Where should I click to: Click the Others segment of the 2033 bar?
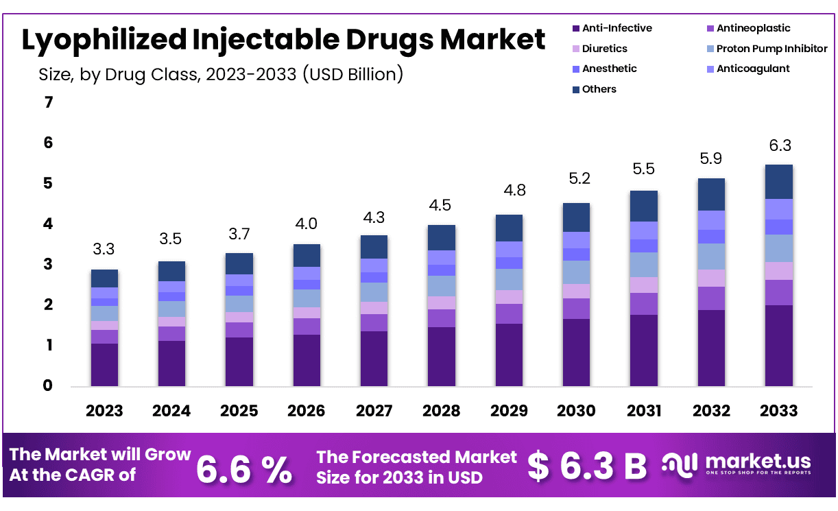pyautogui.click(x=778, y=182)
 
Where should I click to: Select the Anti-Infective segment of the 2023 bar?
pyautogui.click(x=104, y=364)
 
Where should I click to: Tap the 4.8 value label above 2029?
pyautogui.click(x=510, y=190)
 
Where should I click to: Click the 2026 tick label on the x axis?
pyautogui.click(x=306, y=410)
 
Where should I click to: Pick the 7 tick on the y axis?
pyautogui.click(x=48, y=103)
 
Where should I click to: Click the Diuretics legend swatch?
pyautogui.click(x=575, y=49)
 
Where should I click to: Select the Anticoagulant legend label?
pyautogui.click(x=753, y=69)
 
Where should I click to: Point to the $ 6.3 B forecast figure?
pyautogui.click(x=587, y=466)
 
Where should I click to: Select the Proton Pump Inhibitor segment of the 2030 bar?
pyautogui.click(x=577, y=272)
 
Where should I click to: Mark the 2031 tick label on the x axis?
pyautogui.click(x=644, y=410)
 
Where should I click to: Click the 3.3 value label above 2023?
pyautogui.click(x=104, y=249)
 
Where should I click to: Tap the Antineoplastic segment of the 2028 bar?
pyautogui.click(x=442, y=318)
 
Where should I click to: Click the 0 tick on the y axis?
pyautogui.click(x=48, y=386)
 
